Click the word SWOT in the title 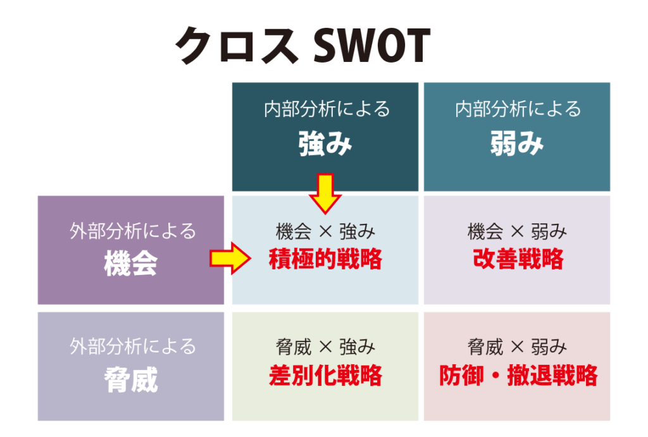tap(371, 46)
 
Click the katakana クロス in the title tap(237, 46)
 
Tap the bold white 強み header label tap(325, 144)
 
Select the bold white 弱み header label tap(516, 144)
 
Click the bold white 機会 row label tap(130, 263)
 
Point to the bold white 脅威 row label tap(130, 379)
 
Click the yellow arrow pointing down tap(325, 194)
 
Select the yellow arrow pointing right tap(230, 259)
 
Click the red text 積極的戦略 tap(325, 259)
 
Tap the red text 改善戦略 tap(518, 259)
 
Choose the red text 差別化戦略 tap(325, 376)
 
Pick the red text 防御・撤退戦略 tap(518, 376)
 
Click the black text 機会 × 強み tap(325, 231)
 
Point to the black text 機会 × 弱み tap(517, 231)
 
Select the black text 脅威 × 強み tap(325, 347)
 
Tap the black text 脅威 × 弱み tap(517, 347)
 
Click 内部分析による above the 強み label tap(327, 109)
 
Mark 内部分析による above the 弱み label tap(518, 109)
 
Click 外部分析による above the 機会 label tap(132, 231)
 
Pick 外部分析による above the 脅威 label tap(132, 347)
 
